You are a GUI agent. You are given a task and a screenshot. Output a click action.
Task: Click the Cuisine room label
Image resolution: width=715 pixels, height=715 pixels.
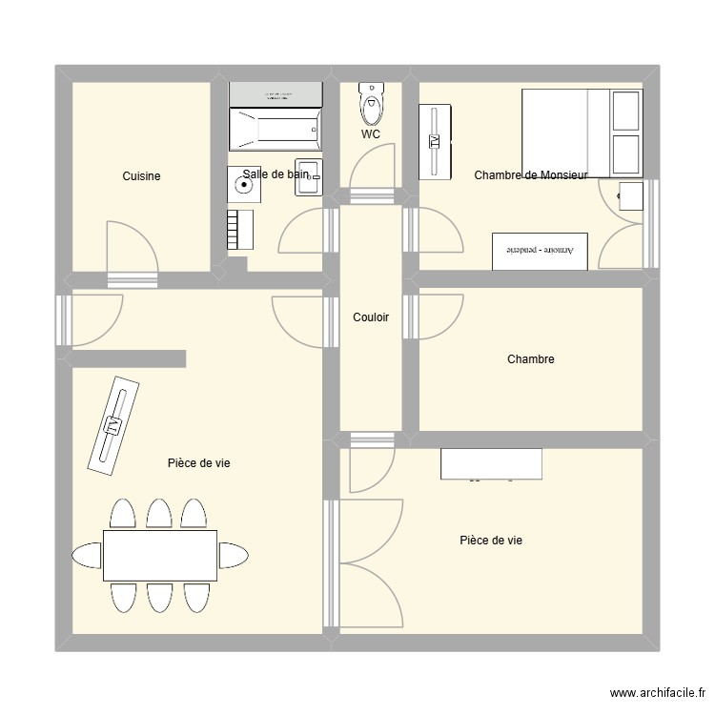[x=141, y=176]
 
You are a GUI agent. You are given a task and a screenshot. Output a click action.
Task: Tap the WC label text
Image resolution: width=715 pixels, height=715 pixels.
[x=371, y=134]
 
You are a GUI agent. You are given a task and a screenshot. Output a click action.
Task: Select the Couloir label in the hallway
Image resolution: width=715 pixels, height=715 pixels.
[x=371, y=317]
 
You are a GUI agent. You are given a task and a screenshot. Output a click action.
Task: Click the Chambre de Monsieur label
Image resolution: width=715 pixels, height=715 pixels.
[x=531, y=174]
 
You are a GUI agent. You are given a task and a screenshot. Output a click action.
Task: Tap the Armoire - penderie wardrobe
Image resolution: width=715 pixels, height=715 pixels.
[x=540, y=250]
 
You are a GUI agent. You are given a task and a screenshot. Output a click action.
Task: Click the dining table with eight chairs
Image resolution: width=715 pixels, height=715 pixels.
[x=160, y=555]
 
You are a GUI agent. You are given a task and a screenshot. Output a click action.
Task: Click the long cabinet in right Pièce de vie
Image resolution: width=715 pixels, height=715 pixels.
[x=491, y=463]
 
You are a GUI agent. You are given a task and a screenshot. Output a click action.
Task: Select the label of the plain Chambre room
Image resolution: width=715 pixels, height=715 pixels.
[x=531, y=359]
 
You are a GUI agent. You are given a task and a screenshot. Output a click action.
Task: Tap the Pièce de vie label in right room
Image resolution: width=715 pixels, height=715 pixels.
[x=491, y=541]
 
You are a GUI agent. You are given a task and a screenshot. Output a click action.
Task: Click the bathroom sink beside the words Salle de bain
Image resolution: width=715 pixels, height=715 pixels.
[x=309, y=177]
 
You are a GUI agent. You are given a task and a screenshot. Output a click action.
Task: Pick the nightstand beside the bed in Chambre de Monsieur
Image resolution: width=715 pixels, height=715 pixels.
[x=630, y=195]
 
